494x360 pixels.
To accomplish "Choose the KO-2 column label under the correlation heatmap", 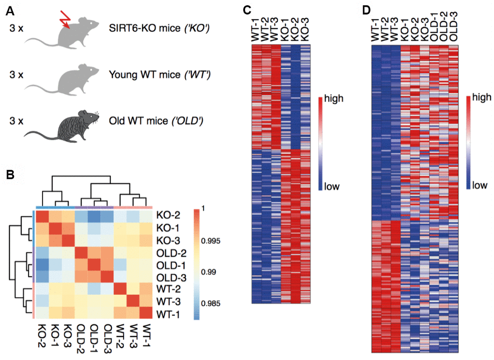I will tap(40, 334).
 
